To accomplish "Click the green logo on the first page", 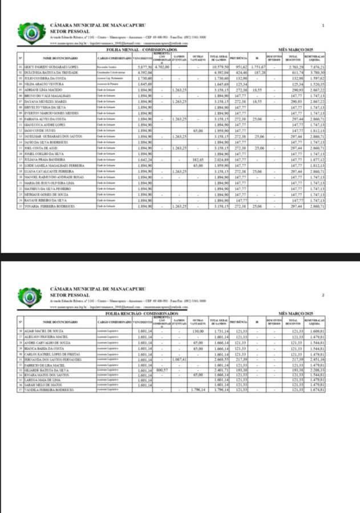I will (x=29, y=34).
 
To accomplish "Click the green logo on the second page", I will (x=29, y=296).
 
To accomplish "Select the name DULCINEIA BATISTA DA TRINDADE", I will (x=51, y=73).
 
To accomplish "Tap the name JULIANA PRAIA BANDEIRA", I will (x=46, y=160).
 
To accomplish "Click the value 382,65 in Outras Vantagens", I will (x=198, y=160).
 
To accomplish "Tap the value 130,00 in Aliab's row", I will (x=198, y=331).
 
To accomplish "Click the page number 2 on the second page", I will (x=323, y=295).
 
